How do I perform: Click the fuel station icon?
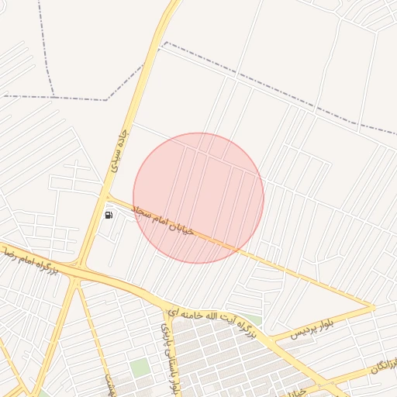coord(109,215)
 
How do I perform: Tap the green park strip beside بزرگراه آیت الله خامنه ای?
coord(254,319)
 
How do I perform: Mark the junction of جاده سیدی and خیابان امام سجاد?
coord(108,197)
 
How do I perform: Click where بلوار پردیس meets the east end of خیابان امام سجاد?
coord(374,307)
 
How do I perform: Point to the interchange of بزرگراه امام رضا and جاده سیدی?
coord(78,269)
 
